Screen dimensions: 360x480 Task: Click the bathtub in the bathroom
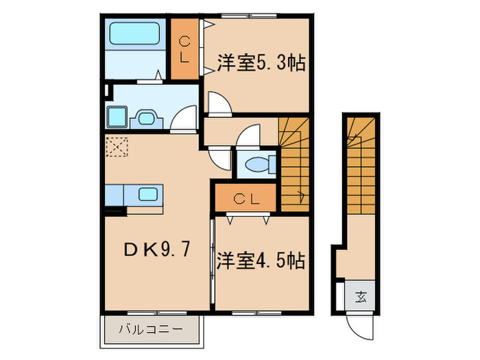(134, 34)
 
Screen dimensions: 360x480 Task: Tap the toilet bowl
(257, 165)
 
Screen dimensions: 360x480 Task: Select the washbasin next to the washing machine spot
(147, 118)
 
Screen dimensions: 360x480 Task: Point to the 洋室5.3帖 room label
(261, 63)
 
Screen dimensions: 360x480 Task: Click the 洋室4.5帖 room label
(261, 261)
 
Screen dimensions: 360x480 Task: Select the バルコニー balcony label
(154, 329)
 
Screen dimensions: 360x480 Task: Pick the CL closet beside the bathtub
(184, 49)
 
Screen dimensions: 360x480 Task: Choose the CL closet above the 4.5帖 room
(245, 200)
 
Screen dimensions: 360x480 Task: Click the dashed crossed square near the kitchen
(117, 146)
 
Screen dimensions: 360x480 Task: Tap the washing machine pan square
(117, 117)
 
